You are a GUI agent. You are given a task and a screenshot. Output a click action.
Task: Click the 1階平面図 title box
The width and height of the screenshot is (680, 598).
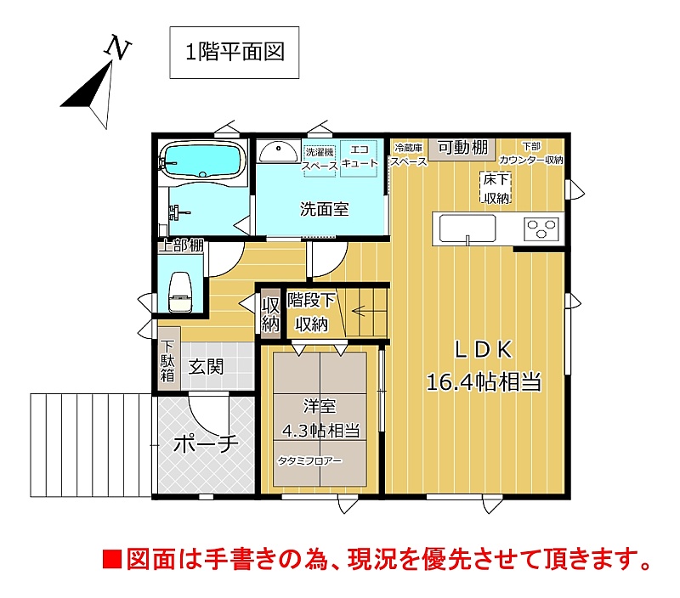click(x=235, y=53)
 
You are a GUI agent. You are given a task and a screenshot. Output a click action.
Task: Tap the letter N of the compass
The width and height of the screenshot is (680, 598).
click(x=117, y=48)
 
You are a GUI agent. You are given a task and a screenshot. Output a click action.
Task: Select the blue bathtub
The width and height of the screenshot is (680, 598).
click(x=201, y=161)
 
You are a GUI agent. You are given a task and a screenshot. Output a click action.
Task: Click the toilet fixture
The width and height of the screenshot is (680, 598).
click(x=180, y=291)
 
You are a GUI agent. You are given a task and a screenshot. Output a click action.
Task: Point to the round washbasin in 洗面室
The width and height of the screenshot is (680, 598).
click(x=278, y=152)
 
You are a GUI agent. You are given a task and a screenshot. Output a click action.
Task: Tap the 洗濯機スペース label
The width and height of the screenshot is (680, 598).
click(x=320, y=159)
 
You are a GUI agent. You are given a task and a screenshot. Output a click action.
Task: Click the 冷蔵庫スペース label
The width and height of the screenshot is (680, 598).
click(x=409, y=155)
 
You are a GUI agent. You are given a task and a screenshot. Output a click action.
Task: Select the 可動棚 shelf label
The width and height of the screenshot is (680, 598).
click(x=462, y=148)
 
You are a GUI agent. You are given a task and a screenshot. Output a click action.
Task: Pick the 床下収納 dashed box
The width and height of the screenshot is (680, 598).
click(x=496, y=188)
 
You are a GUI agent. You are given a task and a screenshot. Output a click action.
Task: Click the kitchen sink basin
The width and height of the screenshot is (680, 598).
click(x=467, y=228)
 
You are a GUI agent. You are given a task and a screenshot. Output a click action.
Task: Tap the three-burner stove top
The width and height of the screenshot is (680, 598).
click(x=541, y=228)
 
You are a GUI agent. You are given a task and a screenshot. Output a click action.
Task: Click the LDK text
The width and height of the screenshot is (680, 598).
click(x=483, y=350)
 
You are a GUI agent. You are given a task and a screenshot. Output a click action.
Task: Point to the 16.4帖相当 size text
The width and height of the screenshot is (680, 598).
click(x=484, y=382)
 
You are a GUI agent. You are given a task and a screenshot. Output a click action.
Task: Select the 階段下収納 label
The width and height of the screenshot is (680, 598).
click(x=311, y=312)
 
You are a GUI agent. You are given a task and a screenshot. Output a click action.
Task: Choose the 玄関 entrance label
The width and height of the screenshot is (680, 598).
click(x=206, y=368)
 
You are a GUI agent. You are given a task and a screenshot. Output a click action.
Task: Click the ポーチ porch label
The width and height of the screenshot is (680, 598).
click(x=206, y=443)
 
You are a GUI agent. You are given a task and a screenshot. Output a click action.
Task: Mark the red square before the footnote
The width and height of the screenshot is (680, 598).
click(x=112, y=559)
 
